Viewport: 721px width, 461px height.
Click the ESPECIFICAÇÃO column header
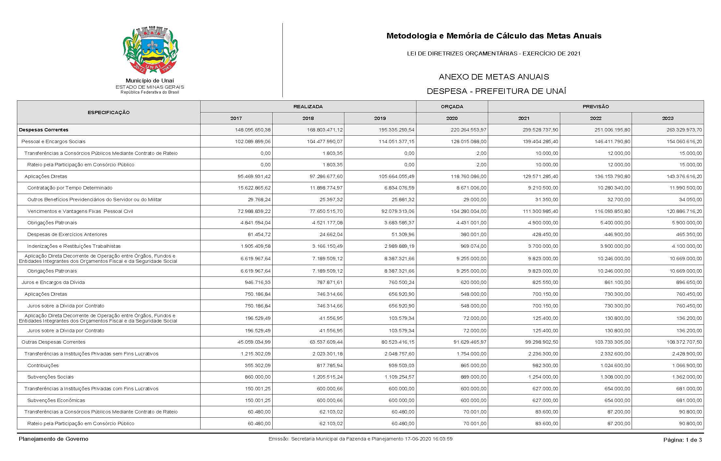109,112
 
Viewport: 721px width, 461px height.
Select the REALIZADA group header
308,107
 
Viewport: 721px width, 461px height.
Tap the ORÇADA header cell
452,107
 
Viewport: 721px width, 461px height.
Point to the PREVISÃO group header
595,107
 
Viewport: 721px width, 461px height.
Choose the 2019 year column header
380,118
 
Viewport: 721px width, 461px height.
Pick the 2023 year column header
668,118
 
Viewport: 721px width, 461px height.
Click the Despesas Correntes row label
44,130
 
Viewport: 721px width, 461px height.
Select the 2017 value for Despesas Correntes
252,130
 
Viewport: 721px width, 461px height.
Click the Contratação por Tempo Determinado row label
70,188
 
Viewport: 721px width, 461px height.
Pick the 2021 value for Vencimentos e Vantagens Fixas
540,211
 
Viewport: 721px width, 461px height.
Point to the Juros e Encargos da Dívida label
53,282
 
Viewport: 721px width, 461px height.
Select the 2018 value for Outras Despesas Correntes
324,342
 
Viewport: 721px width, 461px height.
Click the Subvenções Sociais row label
51,377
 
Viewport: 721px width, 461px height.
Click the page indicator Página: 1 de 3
683,440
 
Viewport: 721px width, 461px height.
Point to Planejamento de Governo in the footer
53,439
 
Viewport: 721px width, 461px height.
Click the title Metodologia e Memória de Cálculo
494,36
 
